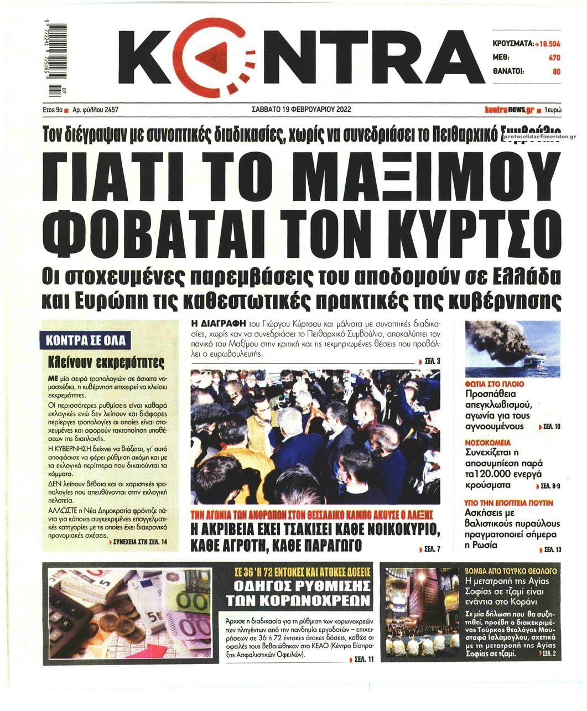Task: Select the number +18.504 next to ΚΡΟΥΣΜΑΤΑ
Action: [547, 43]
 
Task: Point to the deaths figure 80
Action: [556, 71]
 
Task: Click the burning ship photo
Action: [512, 349]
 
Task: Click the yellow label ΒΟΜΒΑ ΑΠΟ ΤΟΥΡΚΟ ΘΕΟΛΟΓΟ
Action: [511, 570]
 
